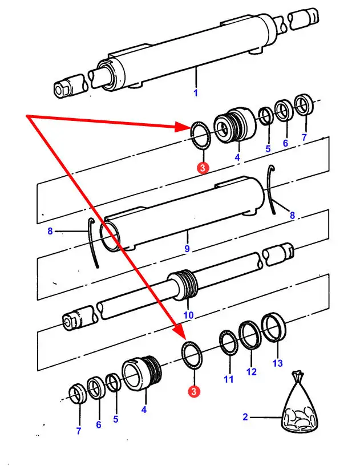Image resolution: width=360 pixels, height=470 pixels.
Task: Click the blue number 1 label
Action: pos(195,92)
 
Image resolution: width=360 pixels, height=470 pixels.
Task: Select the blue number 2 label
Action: pos(245,417)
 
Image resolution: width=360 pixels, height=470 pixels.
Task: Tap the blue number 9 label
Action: pos(188,249)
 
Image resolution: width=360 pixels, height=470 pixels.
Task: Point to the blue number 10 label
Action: pos(188,315)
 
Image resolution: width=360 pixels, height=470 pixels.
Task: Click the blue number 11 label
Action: pos(229,379)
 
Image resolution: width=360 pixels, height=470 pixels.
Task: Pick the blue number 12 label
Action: pos(252,371)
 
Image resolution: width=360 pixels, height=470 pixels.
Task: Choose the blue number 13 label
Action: pos(277,363)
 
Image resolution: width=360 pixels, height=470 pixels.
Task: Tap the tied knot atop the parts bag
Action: pos(297,378)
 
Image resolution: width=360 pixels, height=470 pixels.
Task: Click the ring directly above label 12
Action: pos(249,335)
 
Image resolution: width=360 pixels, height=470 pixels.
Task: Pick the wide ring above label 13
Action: pos(274,328)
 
